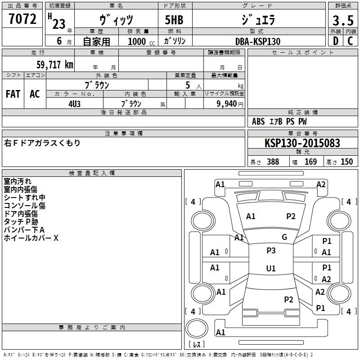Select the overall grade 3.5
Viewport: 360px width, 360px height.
342,21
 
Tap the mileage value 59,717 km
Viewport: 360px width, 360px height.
55,65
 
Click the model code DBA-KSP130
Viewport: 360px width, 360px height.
257,41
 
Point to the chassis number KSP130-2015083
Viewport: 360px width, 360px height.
302,144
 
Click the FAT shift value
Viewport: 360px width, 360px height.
13,94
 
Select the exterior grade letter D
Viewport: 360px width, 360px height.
336,41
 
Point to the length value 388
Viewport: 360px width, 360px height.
273,162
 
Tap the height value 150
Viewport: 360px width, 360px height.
346,162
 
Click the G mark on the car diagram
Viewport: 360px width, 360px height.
284,237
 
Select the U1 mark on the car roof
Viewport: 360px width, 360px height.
271,269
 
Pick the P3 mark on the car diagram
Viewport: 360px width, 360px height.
271,251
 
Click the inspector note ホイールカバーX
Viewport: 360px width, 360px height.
31,238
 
